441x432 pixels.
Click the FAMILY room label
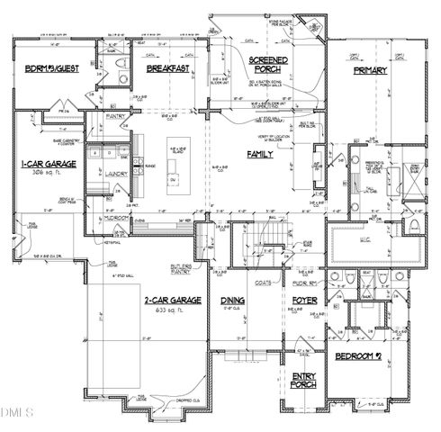coord(260,154)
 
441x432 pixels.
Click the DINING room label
coord(234,301)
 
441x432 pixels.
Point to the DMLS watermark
coord(16,413)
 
